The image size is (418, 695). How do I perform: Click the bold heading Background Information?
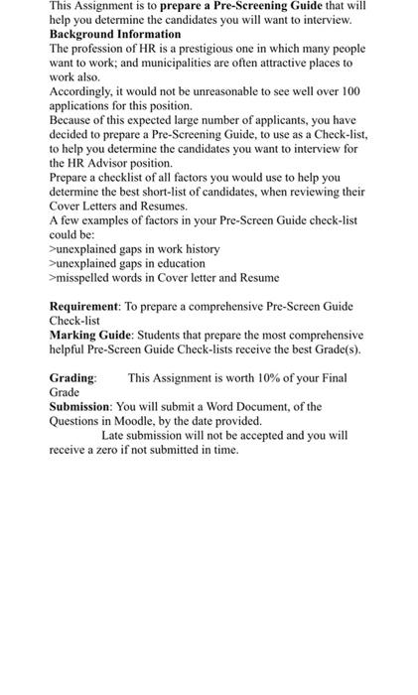[115, 34]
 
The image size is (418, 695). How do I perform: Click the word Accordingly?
[83, 90]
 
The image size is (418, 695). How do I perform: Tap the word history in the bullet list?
[203, 248]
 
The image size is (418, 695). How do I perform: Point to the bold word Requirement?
[83, 307]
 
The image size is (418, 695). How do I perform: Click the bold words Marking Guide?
[87, 336]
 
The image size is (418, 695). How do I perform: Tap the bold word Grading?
[72, 378]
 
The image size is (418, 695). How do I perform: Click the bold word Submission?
[79, 407]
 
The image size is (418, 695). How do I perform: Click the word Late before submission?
[115, 436]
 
